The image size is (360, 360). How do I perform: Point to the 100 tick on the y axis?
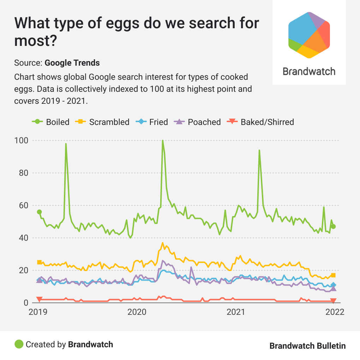tap(22, 140)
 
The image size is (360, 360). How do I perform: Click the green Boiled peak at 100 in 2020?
tap(162, 141)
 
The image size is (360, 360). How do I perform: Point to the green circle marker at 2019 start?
tap(39, 212)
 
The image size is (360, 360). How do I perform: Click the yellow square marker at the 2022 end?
tap(333, 275)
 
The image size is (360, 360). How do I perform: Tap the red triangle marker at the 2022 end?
tap(333, 301)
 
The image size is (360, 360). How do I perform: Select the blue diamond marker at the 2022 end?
tap(333, 285)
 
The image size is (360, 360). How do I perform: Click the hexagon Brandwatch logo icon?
tap(309, 35)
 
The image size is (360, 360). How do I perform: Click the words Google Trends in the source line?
tap(72, 63)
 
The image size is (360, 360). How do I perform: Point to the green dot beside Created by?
tap(19, 344)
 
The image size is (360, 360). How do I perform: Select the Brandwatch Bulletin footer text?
tap(307, 346)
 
